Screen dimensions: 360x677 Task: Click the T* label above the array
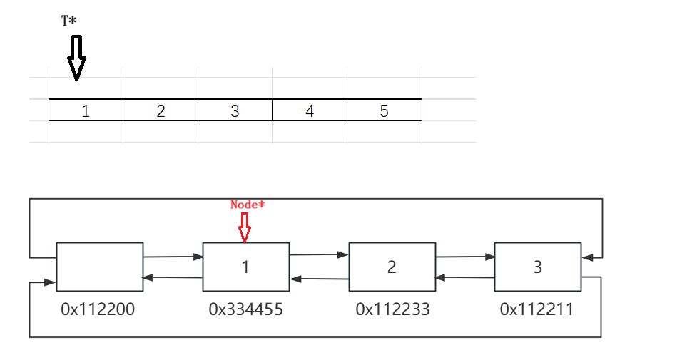(x=69, y=21)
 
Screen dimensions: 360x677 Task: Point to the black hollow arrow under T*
(x=76, y=57)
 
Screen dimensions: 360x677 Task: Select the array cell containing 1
(x=86, y=110)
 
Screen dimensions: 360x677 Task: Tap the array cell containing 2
(x=161, y=110)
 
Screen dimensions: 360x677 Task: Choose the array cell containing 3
(x=235, y=110)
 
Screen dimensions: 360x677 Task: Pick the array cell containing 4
(x=310, y=110)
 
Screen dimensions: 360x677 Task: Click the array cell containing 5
(x=384, y=110)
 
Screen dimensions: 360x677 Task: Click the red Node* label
(x=248, y=205)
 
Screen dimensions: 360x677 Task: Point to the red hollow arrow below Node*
(x=245, y=226)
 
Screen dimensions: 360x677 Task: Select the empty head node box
(x=99, y=267)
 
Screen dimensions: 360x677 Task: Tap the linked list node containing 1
(x=246, y=267)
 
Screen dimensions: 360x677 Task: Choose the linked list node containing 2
(x=392, y=267)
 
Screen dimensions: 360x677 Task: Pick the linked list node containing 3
(x=538, y=267)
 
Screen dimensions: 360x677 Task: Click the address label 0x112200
(x=98, y=309)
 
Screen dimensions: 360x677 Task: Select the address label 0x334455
(x=245, y=309)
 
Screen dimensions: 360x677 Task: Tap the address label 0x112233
(x=392, y=309)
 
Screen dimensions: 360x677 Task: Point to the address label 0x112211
(x=537, y=309)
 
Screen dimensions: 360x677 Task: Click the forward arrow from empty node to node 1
(x=173, y=256)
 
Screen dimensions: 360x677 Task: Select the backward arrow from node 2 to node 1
(x=319, y=277)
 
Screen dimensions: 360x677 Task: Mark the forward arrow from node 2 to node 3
(x=464, y=256)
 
